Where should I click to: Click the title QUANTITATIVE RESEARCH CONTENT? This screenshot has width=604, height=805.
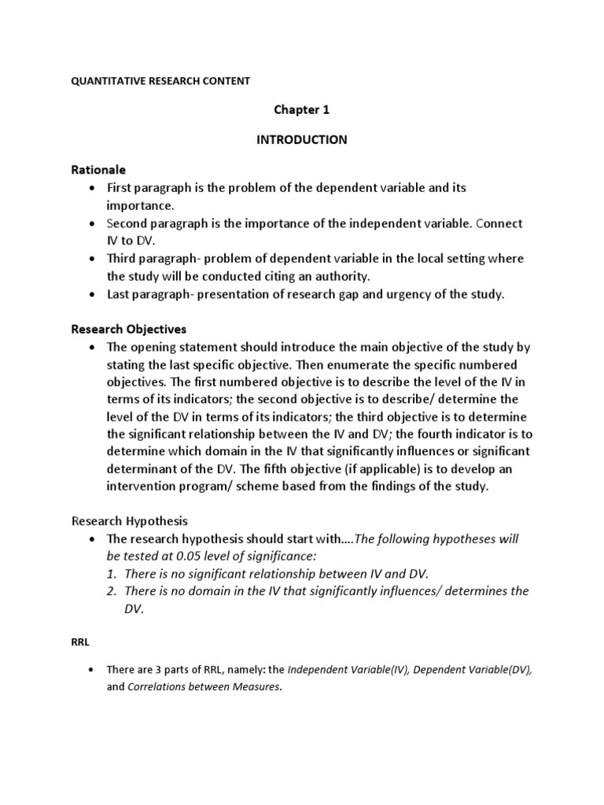pyautogui.click(x=160, y=80)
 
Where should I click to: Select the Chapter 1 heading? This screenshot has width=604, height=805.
pyautogui.click(x=302, y=110)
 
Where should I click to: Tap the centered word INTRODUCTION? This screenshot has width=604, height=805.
pyautogui.click(x=302, y=140)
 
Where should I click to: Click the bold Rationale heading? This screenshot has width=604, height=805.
pyautogui.click(x=99, y=170)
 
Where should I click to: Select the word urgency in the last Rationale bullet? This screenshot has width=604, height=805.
pyautogui.click(x=404, y=293)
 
